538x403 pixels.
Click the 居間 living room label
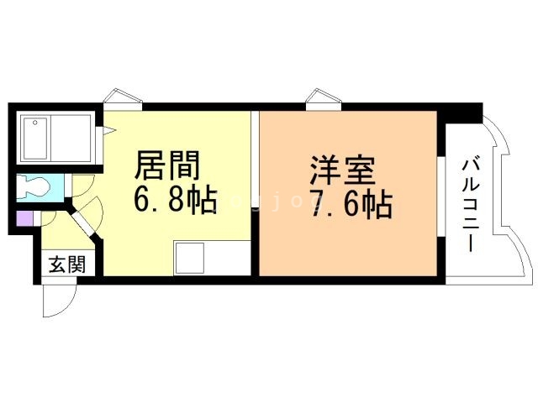click(167, 165)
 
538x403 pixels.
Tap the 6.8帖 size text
click(176, 200)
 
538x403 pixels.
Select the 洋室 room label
click(342, 170)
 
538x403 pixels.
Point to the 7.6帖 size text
click(351, 205)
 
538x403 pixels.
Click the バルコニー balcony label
click(471, 205)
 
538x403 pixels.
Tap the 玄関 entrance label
click(67, 264)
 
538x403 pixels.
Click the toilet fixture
click(34, 187)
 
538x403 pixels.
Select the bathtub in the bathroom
click(35, 139)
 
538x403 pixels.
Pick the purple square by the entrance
click(24, 218)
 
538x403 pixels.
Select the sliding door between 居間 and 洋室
click(255, 159)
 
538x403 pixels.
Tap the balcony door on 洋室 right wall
click(441, 196)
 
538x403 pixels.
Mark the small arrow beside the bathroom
click(111, 130)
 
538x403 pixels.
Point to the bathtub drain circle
click(34, 122)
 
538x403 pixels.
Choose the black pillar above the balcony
click(461, 113)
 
